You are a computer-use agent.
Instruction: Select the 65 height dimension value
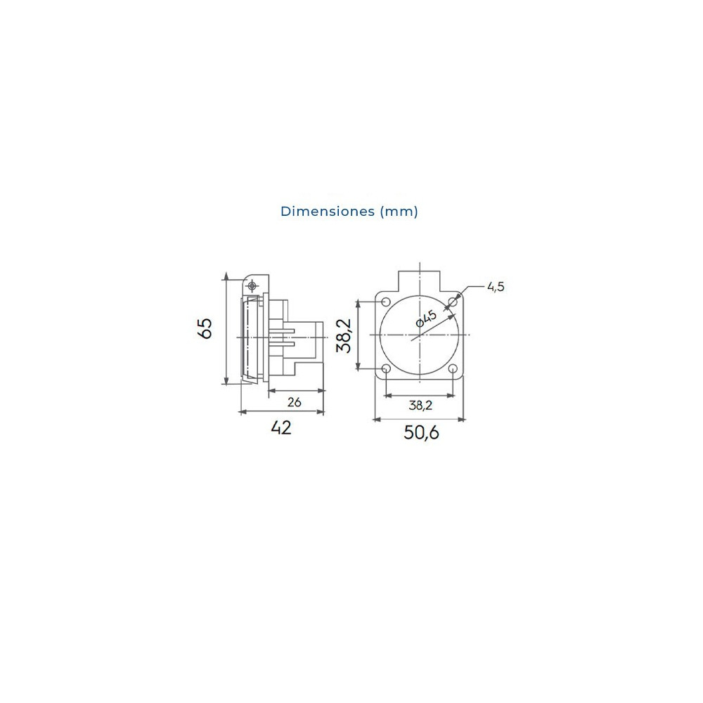pyautogui.click(x=205, y=328)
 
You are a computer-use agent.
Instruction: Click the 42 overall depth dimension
pyautogui.click(x=280, y=428)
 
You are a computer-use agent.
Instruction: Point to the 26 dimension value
pyautogui.click(x=295, y=402)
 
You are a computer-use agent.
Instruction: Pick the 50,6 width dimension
pyautogui.click(x=420, y=433)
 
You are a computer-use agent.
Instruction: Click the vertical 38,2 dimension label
pyautogui.click(x=344, y=335)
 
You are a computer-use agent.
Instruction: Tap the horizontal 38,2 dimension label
pyautogui.click(x=420, y=406)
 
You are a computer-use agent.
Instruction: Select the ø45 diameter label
pyautogui.click(x=426, y=318)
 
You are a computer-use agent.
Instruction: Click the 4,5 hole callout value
pyautogui.click(x=496, y=287)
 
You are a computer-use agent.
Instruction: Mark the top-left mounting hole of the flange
pyautogui.click(x=385, y=301)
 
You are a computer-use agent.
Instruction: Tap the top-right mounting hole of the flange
pyautogui.click(x=453, y=301)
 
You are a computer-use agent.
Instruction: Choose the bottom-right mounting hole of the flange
pyautogui.click(x=453, y=369)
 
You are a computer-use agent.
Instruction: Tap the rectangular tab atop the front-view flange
pyautogui.click(x=419, y=280)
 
